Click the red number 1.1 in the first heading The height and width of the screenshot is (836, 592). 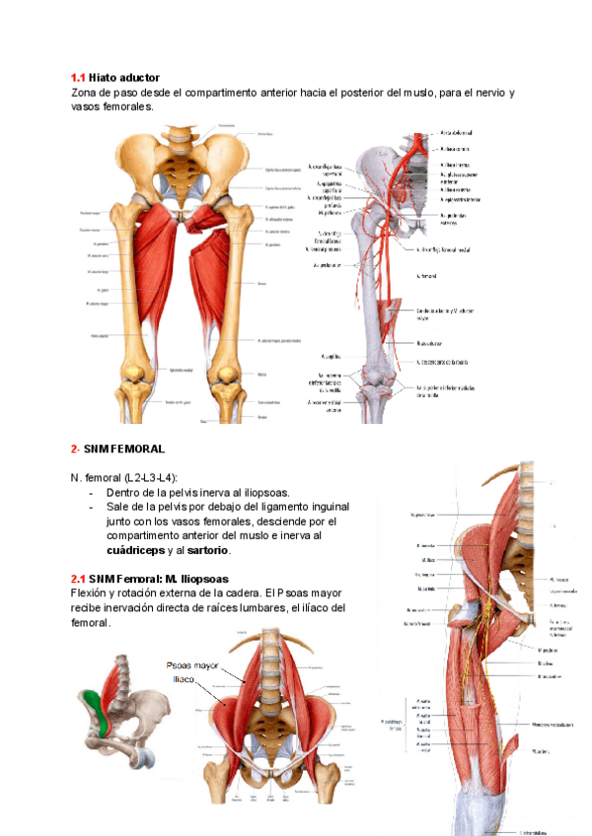[78, 77]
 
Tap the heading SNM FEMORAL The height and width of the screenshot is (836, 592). [115, 449]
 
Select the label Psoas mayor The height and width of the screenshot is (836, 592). [193, 665]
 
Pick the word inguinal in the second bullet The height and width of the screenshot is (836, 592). [329, 506]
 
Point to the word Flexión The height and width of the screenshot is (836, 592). [93, 592]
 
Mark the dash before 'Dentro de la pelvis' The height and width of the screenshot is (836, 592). [92, 492]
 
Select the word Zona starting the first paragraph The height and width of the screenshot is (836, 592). [86, 92]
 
